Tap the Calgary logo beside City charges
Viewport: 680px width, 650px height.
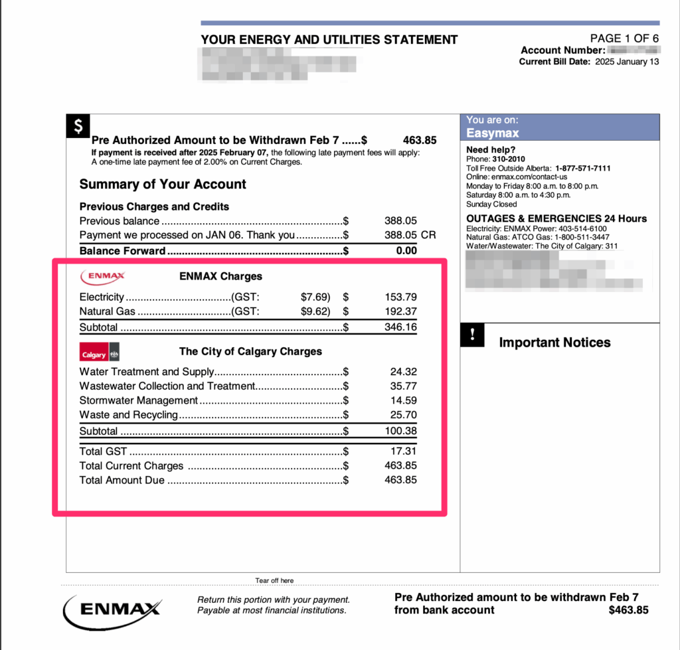tap(99, 353)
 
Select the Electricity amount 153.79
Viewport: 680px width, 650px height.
tap(400, 297)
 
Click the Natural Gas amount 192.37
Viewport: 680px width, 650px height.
tap(400, 311)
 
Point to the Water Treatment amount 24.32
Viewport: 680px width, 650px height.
tap(404, 372)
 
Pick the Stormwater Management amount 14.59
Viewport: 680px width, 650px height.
tap(404, 400)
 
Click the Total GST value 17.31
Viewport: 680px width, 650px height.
tap(404, 451)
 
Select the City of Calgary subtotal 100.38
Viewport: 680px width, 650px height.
tap(400, 431)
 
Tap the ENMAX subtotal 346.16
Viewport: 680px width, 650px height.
tap(400, 327)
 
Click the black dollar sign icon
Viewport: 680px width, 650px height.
tap(78, 126)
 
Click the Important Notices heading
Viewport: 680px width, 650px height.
tap(554, 343)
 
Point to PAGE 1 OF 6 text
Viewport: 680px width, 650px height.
tap(624, 39)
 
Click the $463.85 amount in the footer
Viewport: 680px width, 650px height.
tap(628, 609)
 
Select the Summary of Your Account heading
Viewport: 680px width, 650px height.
tap(163, 185)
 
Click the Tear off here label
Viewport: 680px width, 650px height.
tap(274, 581)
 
